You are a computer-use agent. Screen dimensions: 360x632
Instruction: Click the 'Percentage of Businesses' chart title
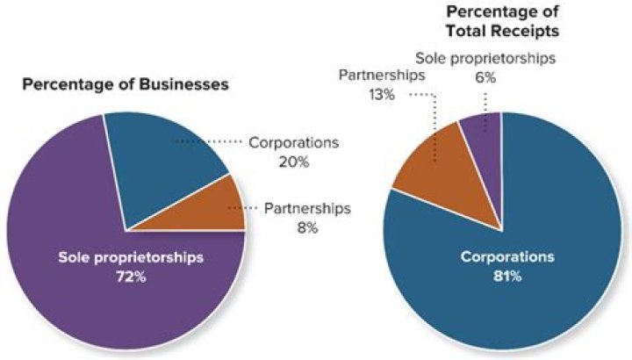tap(126, 85)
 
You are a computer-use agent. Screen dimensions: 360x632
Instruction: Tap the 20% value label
tap(294, 161)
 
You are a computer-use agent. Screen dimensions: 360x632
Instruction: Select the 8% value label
tap(306, 228)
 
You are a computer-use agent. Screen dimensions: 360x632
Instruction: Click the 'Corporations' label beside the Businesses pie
tap(293, 142)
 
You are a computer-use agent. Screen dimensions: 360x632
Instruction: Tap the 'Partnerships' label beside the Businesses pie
tap(306, 209)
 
